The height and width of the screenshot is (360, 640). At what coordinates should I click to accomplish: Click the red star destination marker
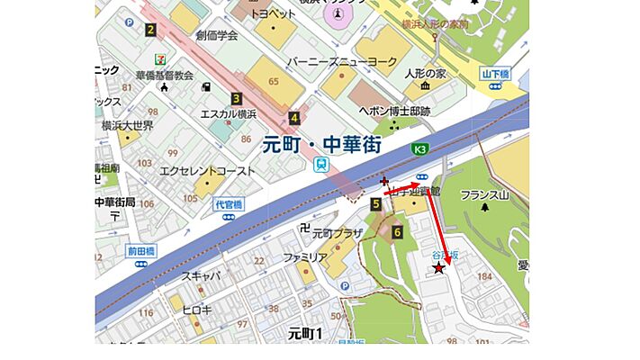click(438, 267)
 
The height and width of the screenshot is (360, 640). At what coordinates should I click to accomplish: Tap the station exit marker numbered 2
click(150, 31)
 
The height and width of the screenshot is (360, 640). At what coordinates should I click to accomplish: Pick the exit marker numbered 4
click(294, 116)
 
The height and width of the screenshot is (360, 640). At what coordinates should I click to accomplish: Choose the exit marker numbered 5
click(375, 205)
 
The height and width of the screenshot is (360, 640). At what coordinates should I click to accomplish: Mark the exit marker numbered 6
click(397, 231)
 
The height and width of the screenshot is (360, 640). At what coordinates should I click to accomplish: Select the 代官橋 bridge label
click(229, 205)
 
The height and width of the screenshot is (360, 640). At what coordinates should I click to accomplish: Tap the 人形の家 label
click(426, 73)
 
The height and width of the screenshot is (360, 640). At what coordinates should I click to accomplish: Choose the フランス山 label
click(484, 194)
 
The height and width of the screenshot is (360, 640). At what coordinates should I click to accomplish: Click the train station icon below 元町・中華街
click(321, 164)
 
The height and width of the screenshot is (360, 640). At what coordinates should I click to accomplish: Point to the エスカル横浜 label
click(229, 114)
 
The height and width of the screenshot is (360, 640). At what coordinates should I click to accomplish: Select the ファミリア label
click(303, 257)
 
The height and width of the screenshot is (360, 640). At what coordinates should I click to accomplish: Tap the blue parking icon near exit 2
click(130, 22)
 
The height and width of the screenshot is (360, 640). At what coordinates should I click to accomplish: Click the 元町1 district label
click(305, 333)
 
